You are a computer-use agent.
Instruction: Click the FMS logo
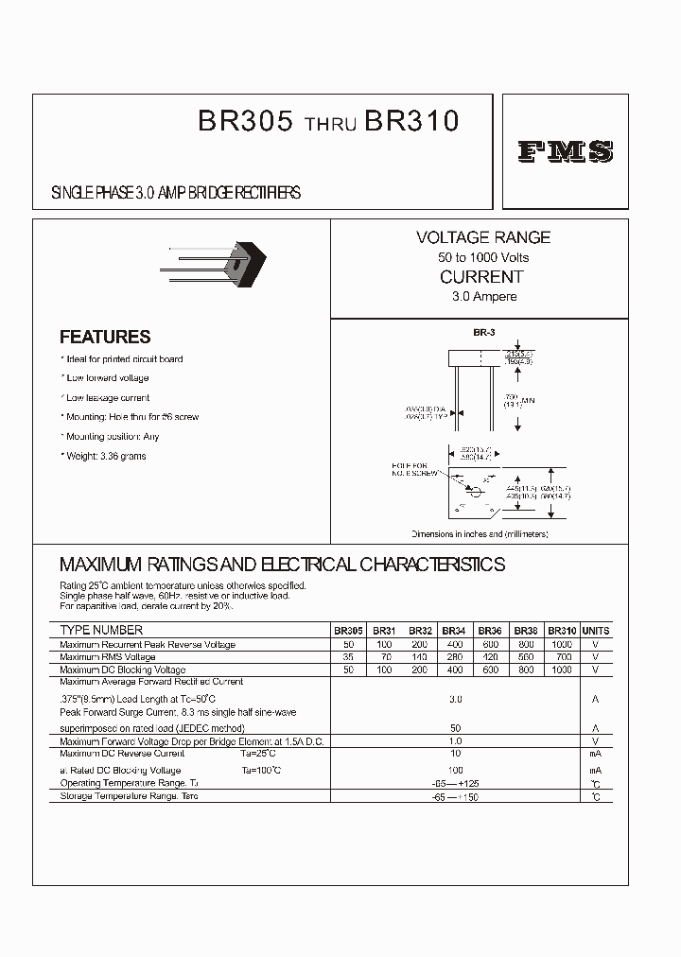pyautogui.click(x=565, y=151)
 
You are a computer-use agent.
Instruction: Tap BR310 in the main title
pyautogui.click(x=411, y=122)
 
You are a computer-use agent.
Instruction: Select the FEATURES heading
pyautogui.click(x=105, y=337)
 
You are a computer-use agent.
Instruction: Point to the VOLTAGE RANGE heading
pyautogui.click(x=483, y=237)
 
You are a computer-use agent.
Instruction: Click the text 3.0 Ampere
pyautogui.click(x=483, y=297)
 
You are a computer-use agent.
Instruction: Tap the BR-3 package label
pyautogui.click(x=484, y=333)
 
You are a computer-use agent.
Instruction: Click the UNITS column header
pyautogui.click(x=596, y=631)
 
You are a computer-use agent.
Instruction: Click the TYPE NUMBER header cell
pyautogui.click(x=101, y=630)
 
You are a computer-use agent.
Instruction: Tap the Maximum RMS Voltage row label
pyautogui.click(x=108, y=657)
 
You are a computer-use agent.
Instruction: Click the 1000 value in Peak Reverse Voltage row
pyautogui.click(x=562, y=645)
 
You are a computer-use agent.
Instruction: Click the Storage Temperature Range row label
pyautogui.click(x=129, y=796)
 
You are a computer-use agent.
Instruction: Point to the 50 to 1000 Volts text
pyautogui.click(x=483, y=257)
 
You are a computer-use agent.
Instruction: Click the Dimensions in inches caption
pyautogui.click(x=480, y=534)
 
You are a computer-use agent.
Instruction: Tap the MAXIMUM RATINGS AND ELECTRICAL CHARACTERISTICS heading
pyautogui.click(x=282, y=565)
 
